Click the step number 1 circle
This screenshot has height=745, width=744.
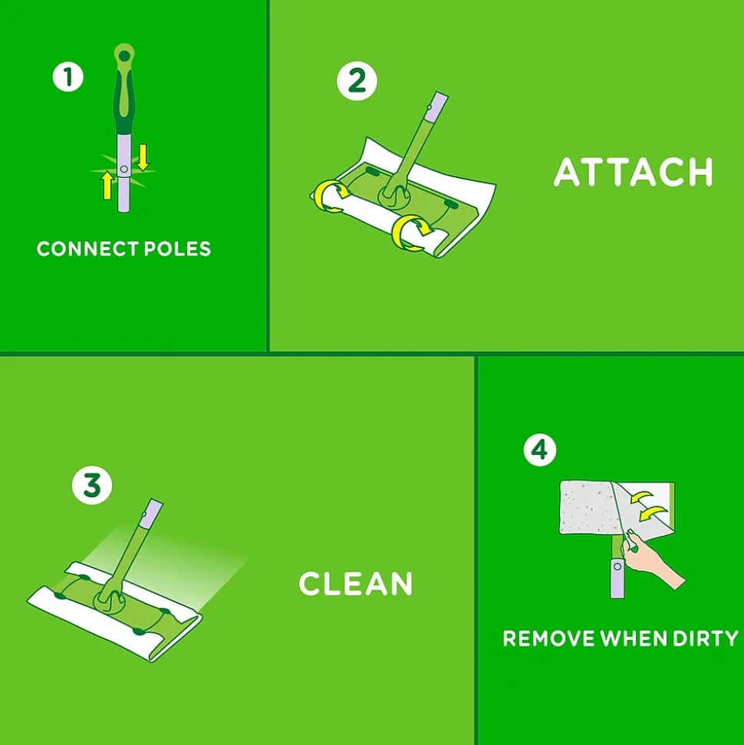(x=68, y=77)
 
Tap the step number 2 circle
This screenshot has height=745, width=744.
(x=357, y=81)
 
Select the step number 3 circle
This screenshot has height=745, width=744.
(x=92, y=486)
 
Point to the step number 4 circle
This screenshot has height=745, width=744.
(x=540, y=450)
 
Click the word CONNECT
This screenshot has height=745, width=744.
(x=87, y=249)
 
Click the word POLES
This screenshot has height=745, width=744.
(x=177, y=249)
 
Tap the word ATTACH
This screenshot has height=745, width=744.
(x=634, y=172)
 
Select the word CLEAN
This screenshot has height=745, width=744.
(x=355, y=583)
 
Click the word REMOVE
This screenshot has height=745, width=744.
(x=548, y=638)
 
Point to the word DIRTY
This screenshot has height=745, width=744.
(x=706, y=638)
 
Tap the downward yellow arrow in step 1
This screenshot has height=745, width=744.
(x=143, y=157)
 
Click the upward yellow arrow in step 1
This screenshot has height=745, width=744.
(x=107, y=186)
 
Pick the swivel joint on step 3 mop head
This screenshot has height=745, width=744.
(x=110, y=601)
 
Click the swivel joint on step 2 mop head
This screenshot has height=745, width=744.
(x=394, y=196)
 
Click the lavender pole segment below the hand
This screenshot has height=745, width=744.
(x=617, y=579)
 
